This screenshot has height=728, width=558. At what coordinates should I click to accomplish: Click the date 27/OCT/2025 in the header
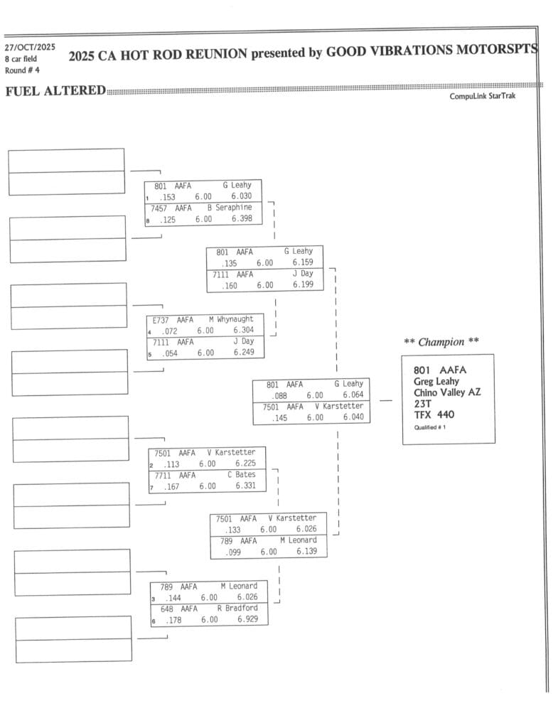tap(29, 47)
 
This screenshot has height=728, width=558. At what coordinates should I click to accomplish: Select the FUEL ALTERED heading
tap(55, 91)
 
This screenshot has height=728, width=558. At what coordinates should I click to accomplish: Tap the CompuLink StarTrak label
tap(483, 96)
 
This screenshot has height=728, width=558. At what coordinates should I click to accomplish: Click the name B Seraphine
tap(230, 208)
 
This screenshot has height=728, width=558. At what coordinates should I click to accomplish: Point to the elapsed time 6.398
tap(242, 219)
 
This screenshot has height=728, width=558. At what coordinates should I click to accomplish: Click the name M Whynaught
tap(231, 320)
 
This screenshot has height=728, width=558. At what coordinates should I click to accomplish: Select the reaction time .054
tap(168, 353)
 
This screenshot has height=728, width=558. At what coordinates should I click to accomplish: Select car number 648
tap(167, 609)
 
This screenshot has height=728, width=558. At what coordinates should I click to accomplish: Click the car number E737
tap(162, 320)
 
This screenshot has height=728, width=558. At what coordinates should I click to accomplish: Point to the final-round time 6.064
tap(353, 395)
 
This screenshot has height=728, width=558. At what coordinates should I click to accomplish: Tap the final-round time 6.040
tap(353, 417)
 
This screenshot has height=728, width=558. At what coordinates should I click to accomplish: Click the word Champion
tap(441, 342)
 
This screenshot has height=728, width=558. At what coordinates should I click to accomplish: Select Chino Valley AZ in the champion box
tap(447, 392)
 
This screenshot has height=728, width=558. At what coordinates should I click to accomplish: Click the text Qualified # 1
tap(430, 427)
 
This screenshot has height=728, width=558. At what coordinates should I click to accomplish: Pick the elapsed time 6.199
tap(303, 285)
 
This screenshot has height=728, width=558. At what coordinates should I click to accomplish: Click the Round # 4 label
tap(22, 70)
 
